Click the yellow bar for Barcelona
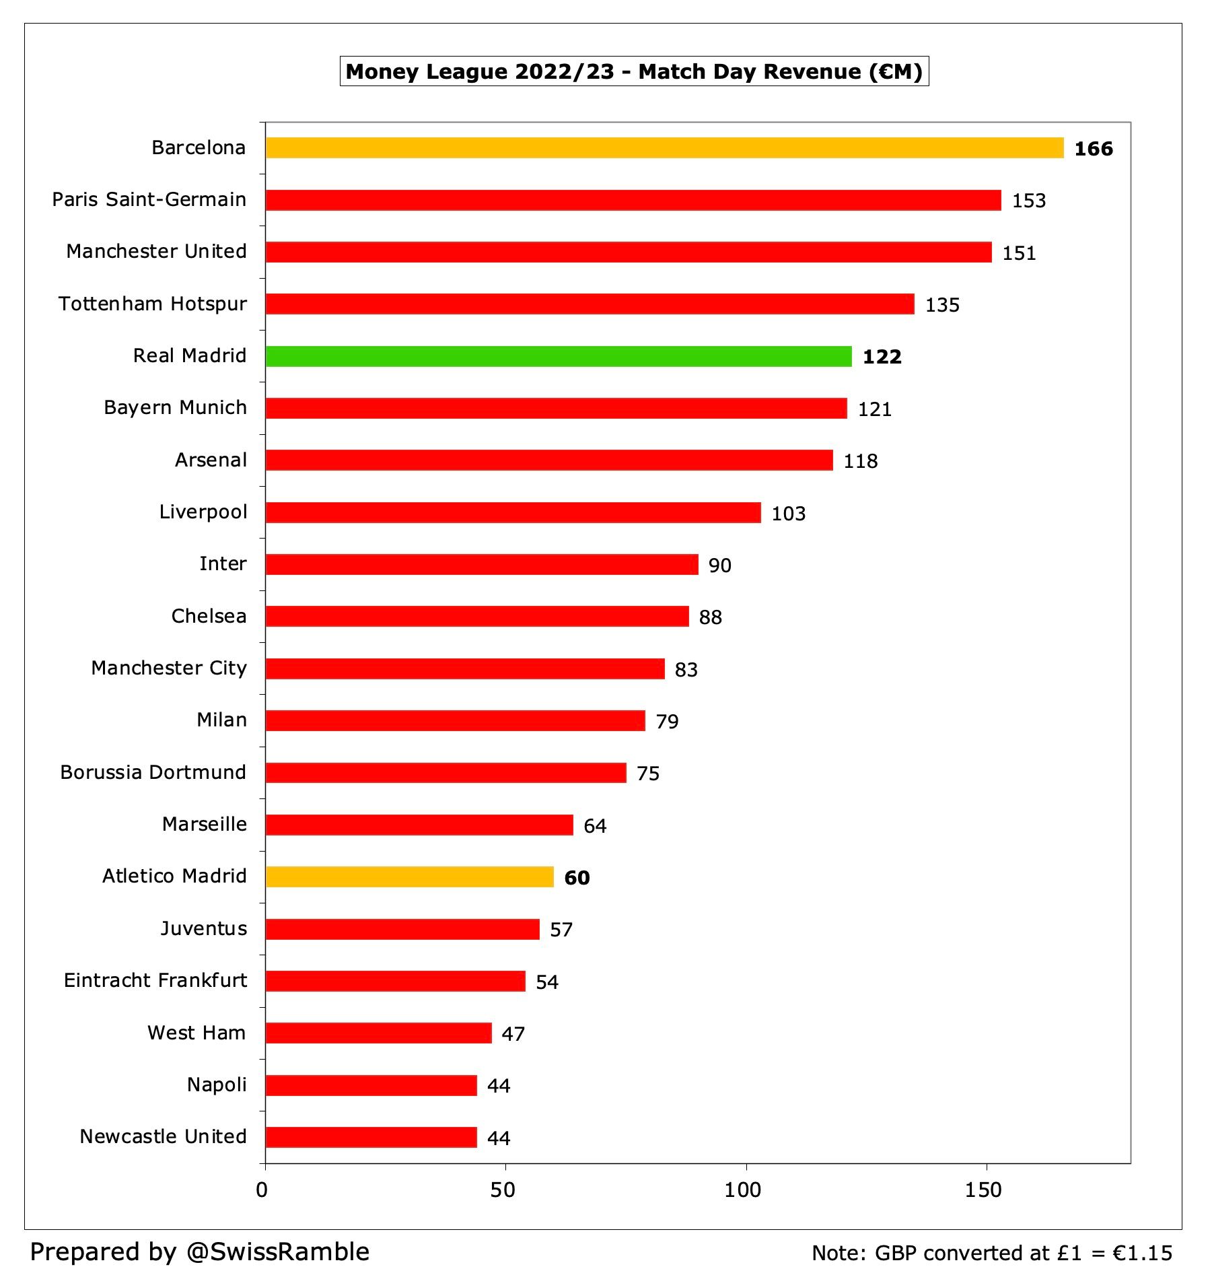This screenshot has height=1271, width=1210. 664,148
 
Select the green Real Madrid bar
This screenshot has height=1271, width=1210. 559,356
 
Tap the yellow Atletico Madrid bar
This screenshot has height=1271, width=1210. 409,877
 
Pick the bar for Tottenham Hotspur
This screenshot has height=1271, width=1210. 590,304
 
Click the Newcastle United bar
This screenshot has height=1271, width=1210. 371,1137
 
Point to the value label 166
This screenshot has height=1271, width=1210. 1093,149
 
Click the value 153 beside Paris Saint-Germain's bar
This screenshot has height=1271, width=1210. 1028,201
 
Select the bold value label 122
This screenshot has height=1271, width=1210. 882,357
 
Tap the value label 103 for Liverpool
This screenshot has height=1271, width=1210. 788,514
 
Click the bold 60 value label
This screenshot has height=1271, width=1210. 577,878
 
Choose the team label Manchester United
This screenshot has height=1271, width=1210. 156,251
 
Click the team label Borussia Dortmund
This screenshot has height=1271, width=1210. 153,772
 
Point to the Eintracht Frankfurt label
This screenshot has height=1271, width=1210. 155,980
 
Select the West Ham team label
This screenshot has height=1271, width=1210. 197,1033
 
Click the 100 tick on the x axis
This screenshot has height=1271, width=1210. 742,1190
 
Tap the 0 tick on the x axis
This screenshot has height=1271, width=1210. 262,1190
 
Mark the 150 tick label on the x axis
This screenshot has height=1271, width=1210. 983,1190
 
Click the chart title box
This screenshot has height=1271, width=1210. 634,71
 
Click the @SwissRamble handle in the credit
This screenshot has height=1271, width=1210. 277,1251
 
